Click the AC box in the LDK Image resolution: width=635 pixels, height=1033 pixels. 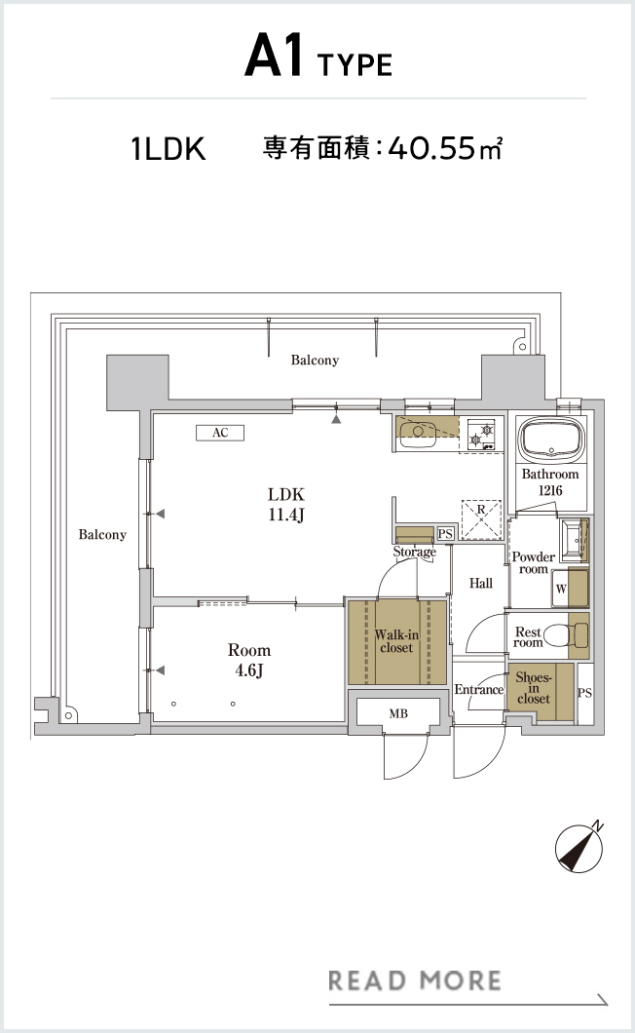pos(220,432)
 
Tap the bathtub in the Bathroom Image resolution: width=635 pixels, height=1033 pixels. pos(550,440)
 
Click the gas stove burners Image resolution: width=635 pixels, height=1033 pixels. pos(481,436)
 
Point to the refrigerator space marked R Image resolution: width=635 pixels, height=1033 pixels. pos(481,520)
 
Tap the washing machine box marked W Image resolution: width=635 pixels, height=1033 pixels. pos(561,589)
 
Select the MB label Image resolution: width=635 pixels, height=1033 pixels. pos(398,713)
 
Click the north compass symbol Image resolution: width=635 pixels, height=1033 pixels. pos(579,848)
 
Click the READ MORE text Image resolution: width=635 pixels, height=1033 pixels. pos(414,980)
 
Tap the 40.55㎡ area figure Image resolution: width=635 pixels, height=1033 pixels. pos(445,148)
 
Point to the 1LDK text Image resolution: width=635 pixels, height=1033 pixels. pos(168,149)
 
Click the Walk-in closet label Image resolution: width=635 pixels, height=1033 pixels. pos(396,641)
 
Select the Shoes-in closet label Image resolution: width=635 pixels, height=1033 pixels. pos(534,688)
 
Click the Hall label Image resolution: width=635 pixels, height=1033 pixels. pos(481,583)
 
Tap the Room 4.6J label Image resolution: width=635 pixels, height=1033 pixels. pos(249,660)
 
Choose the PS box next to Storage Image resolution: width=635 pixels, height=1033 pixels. pos(445,534)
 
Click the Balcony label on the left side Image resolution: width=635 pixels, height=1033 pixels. pos(102,534)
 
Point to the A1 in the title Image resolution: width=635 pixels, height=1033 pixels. pos(274,57)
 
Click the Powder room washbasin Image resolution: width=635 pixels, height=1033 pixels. pos(573,540)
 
